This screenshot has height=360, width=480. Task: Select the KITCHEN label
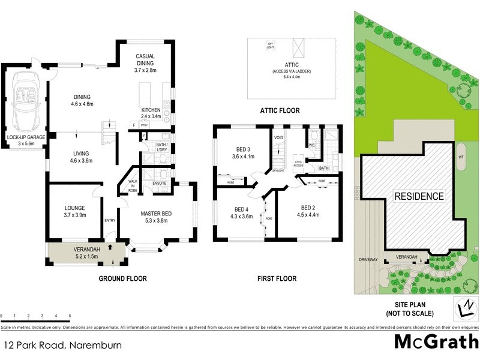[x=150, y=110]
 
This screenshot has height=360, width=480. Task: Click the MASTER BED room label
[x=158, y=214]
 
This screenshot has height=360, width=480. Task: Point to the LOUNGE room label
[x=74, y=211]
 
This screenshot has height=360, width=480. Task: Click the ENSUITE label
[x=160, y=183]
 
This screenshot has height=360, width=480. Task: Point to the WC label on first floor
[x=311, y=145]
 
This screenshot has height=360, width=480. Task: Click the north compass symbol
[x=463, y=308]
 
